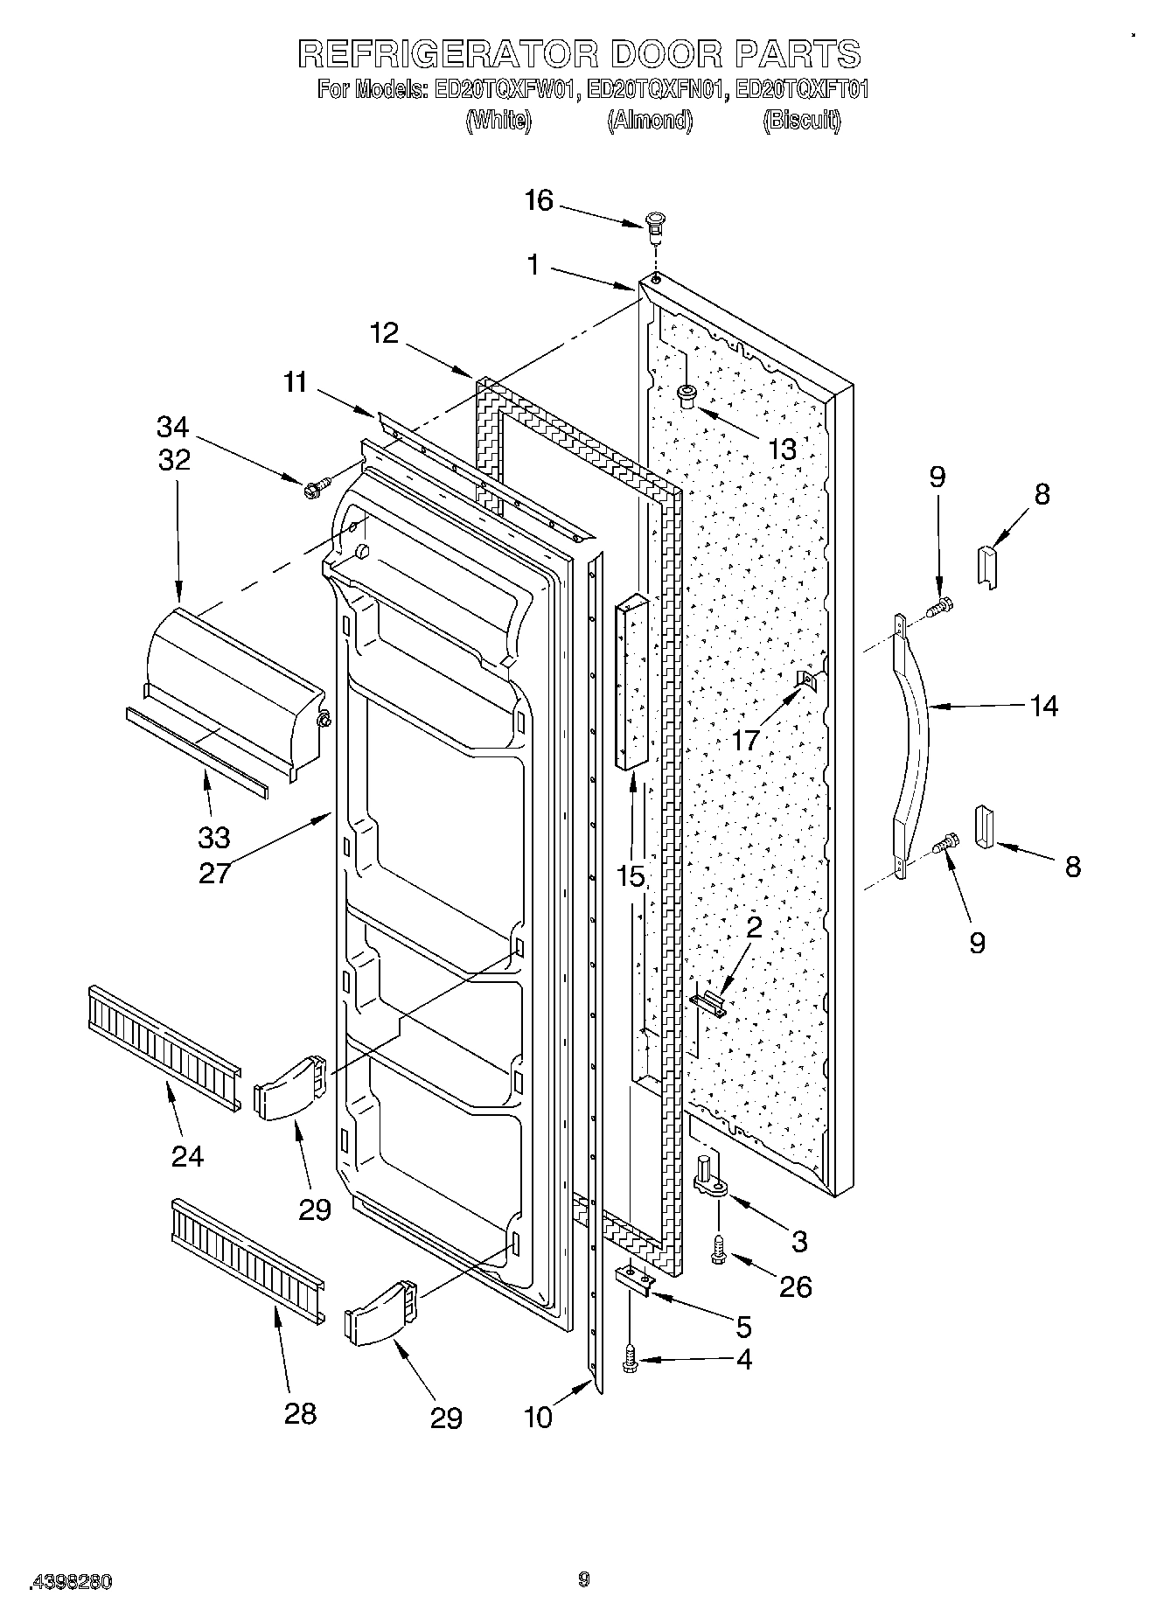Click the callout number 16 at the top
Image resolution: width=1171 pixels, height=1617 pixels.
pyautogui.click(x=539, y=201)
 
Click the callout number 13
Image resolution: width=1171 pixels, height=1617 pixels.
pyautogui.click(x=782, y=449)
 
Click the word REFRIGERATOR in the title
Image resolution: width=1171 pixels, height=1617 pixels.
pyautogui.click(x=448, y=54)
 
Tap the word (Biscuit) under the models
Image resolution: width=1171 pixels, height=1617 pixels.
pyautogui.click(x=801, y=121)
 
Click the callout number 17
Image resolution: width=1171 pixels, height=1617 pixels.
pyautogui.click(x=747, y=740)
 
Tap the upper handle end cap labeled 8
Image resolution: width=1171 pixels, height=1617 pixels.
pyautogui.click(x=986, y=565)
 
